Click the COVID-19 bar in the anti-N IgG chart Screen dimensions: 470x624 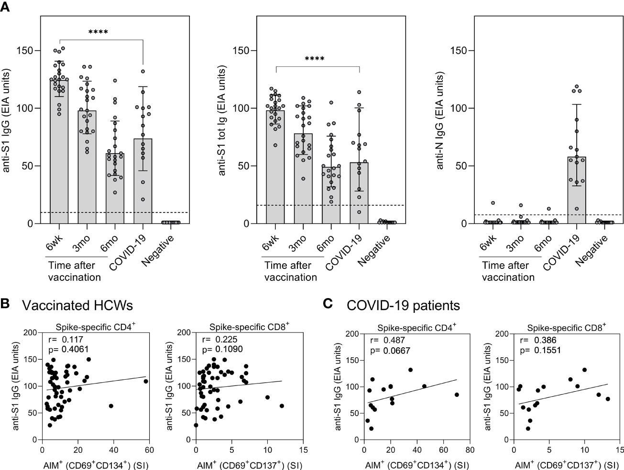tap(576, 191)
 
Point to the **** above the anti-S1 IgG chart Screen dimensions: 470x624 tap(98, 32)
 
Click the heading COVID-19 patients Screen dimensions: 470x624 tap(403, 306)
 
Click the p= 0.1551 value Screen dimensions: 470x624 tap(540, 350)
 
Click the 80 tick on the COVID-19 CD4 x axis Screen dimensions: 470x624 tap(471, 450)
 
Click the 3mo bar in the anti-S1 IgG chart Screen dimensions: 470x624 tap(88, 167)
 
